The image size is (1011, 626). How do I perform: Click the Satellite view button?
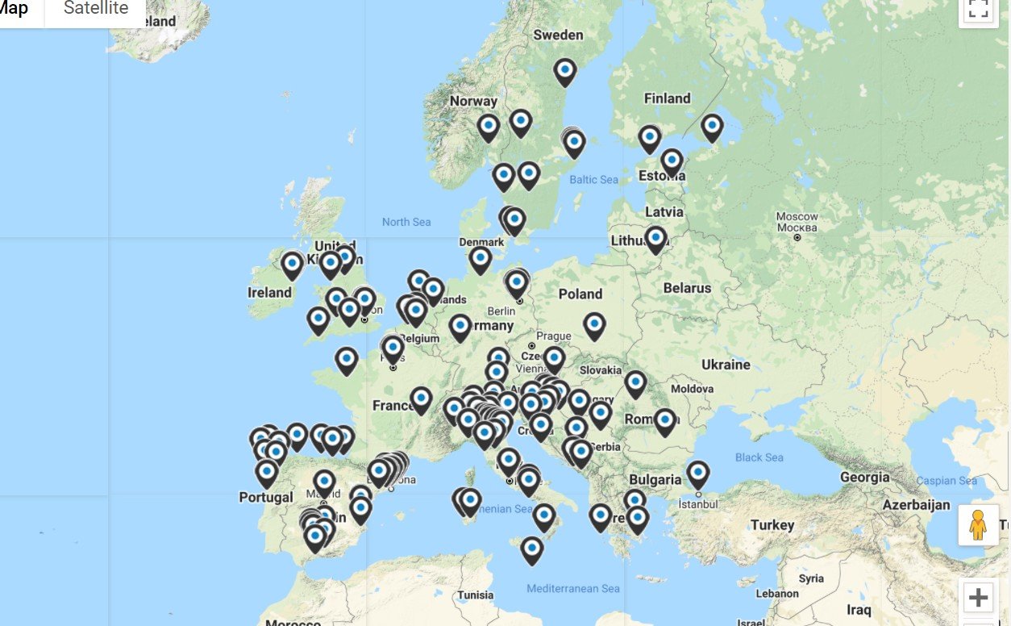click(96, 9)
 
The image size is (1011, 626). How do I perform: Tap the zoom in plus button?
click(978, 598)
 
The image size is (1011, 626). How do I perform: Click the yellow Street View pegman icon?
click(978, 525)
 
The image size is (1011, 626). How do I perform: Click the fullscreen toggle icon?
click(978, 10)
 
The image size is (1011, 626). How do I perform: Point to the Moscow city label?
click(797, 217)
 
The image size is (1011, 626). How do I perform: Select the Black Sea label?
click(759, 457)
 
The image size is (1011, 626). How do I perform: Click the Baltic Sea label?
click(593, 180)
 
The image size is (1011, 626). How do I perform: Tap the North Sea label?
click(406, 222)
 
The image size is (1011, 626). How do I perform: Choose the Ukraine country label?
click(726, 365)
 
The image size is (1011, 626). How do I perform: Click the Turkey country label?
click(772, 525)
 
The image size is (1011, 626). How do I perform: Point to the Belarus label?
click(687, 288)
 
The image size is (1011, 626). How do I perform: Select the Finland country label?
click(667, 98)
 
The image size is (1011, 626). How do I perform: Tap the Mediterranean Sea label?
click(573, 589)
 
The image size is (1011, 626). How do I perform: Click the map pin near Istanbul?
click(698, 474)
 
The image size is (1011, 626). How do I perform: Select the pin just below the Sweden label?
click(565, 71)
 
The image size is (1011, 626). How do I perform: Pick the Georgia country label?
click(864, 477)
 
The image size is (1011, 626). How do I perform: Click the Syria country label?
click(811, 578)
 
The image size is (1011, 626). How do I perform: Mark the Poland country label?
click(580, 294)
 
